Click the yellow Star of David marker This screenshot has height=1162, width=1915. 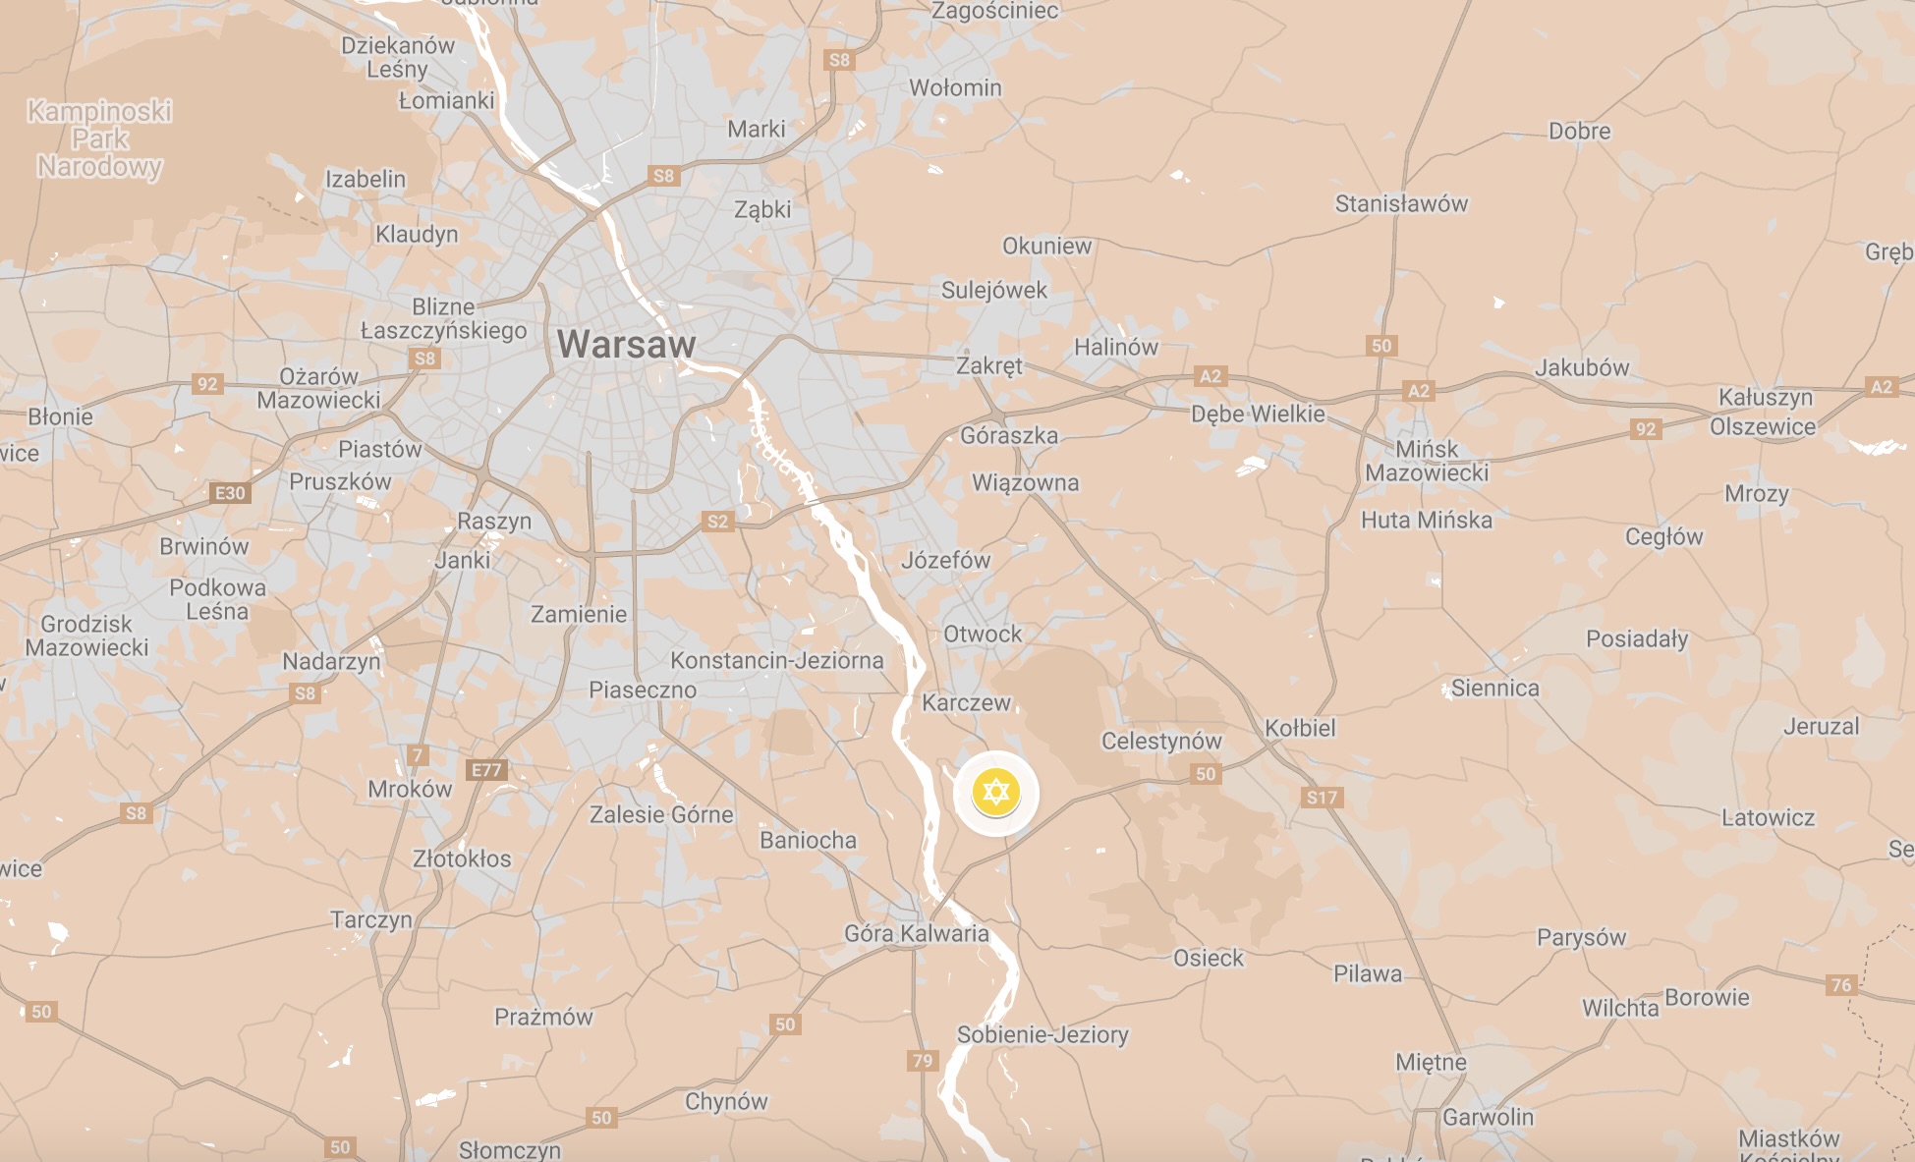[x=996, y=793]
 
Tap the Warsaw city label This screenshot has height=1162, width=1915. [x=626, y=345]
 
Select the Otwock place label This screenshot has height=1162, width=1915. [x=983, y=635]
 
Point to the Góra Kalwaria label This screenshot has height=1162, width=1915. [x=917, y=933]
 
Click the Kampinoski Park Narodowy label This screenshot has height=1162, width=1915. [x=99, y=138]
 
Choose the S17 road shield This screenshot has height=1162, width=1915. [x=1322, y=798]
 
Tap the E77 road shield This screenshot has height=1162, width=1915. [x=486, y=770]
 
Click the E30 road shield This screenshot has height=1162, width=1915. [x=230, y=493]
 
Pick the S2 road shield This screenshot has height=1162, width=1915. [x=717, y=522]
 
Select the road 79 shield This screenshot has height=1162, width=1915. [x=922, y=1060]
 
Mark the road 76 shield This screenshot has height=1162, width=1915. [x=1840, y=984]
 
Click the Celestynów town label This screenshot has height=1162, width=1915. [x=1160, y=742]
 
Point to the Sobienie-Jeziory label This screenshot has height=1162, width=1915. [x=1042, y=1034]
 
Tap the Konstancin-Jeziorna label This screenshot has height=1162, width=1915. [x=776, y=660]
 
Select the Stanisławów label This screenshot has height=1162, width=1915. [x=1401, y=204]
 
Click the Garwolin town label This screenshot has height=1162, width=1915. [x=1488, y=1117]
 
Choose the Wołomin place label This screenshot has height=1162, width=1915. [x=955, y=88]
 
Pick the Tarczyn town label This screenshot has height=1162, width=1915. [x=371, y=919]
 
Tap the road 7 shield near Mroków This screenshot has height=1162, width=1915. [x=418, y=755]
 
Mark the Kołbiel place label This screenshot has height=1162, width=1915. [x=1300, y=729]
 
